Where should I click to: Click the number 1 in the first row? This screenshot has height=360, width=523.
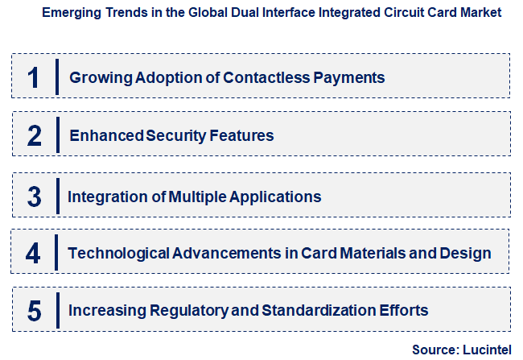coord(33,77)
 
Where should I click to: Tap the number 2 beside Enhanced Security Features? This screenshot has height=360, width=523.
coord(34,135)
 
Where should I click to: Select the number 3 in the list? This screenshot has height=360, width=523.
coord(34,197)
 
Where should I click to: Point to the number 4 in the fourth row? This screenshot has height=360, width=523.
coord(33,254)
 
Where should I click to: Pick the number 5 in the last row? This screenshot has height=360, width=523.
coord(34,310)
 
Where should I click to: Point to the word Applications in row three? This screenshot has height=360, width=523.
coord(280,197)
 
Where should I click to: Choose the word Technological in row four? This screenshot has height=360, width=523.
coord(120,254)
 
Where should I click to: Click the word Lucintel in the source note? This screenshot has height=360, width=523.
coord(489,350)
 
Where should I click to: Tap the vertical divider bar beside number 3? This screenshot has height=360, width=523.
coord(58,197)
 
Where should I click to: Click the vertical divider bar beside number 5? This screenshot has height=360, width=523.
coord(58,310)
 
